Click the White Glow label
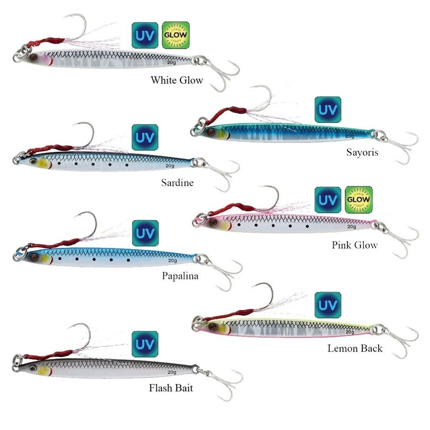[x=177, y=81]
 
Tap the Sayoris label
[x=362, y=152]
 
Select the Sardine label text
[x=177, y=183]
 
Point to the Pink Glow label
[x=355, y=245]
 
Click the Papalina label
[x=180, y=276]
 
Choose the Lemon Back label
[x=355, y=348]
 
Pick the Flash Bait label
[x=171, y=388]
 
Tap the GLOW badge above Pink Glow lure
[x=359, y=199]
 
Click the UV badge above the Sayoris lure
[x=328, y=110]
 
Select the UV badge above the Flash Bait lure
[x=145, y=344]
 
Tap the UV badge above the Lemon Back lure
[x=328, y=305]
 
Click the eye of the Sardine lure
[x=34, y=162]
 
